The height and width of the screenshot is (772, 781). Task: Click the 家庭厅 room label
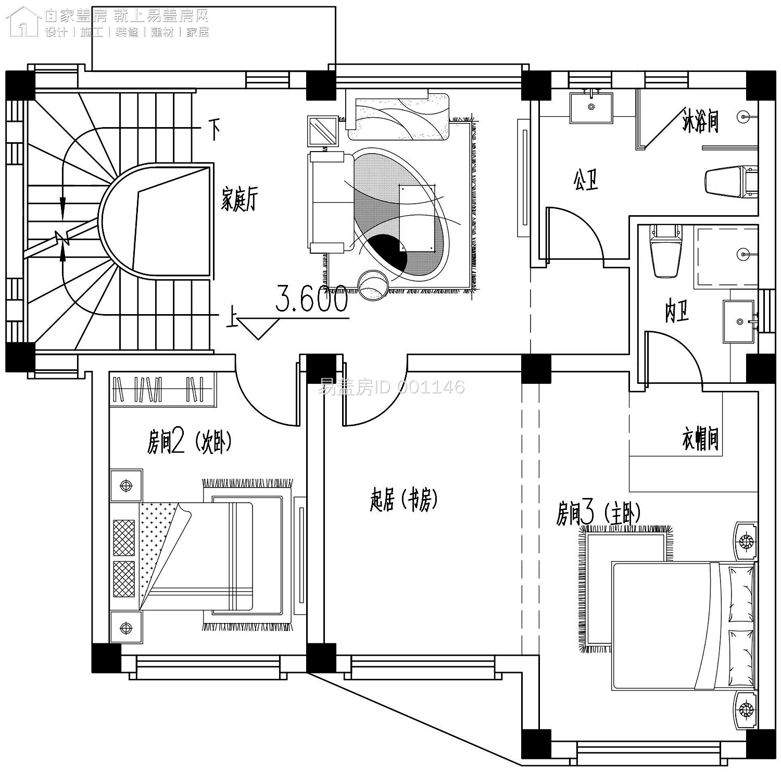click(239, 199)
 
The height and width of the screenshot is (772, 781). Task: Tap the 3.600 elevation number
click(311, 299)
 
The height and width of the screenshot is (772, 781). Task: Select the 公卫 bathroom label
click(586, 180)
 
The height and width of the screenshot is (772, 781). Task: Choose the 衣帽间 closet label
click(700, 439)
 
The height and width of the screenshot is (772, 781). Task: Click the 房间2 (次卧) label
click(188, 443)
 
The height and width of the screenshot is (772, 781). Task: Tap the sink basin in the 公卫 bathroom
click(591, 107)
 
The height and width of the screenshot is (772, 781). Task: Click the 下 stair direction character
click(214, 129)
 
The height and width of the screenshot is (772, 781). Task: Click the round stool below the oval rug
click(373, 285)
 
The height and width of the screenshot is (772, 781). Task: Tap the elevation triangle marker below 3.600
click(259, 329)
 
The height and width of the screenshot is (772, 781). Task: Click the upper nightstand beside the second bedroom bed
click(126, 485)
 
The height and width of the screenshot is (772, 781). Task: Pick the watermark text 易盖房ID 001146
click(391, 387)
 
